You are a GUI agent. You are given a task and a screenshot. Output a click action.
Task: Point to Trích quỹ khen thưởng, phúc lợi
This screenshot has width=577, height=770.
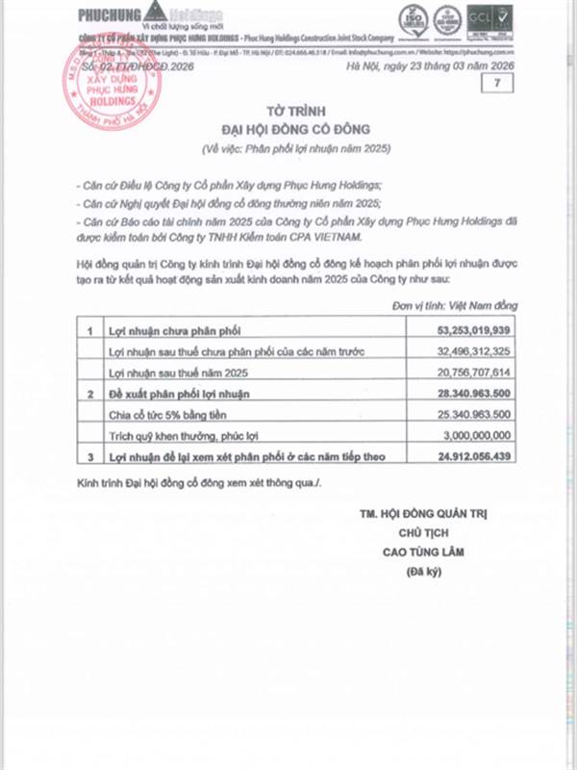pos(178,436)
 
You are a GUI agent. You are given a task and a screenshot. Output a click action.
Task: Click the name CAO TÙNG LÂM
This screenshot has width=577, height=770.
pos(421,552)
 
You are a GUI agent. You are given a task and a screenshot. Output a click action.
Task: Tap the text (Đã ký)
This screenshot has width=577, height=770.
pos(421,573)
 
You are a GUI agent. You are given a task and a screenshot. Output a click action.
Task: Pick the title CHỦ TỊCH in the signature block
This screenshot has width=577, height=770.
pos(421,532)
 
